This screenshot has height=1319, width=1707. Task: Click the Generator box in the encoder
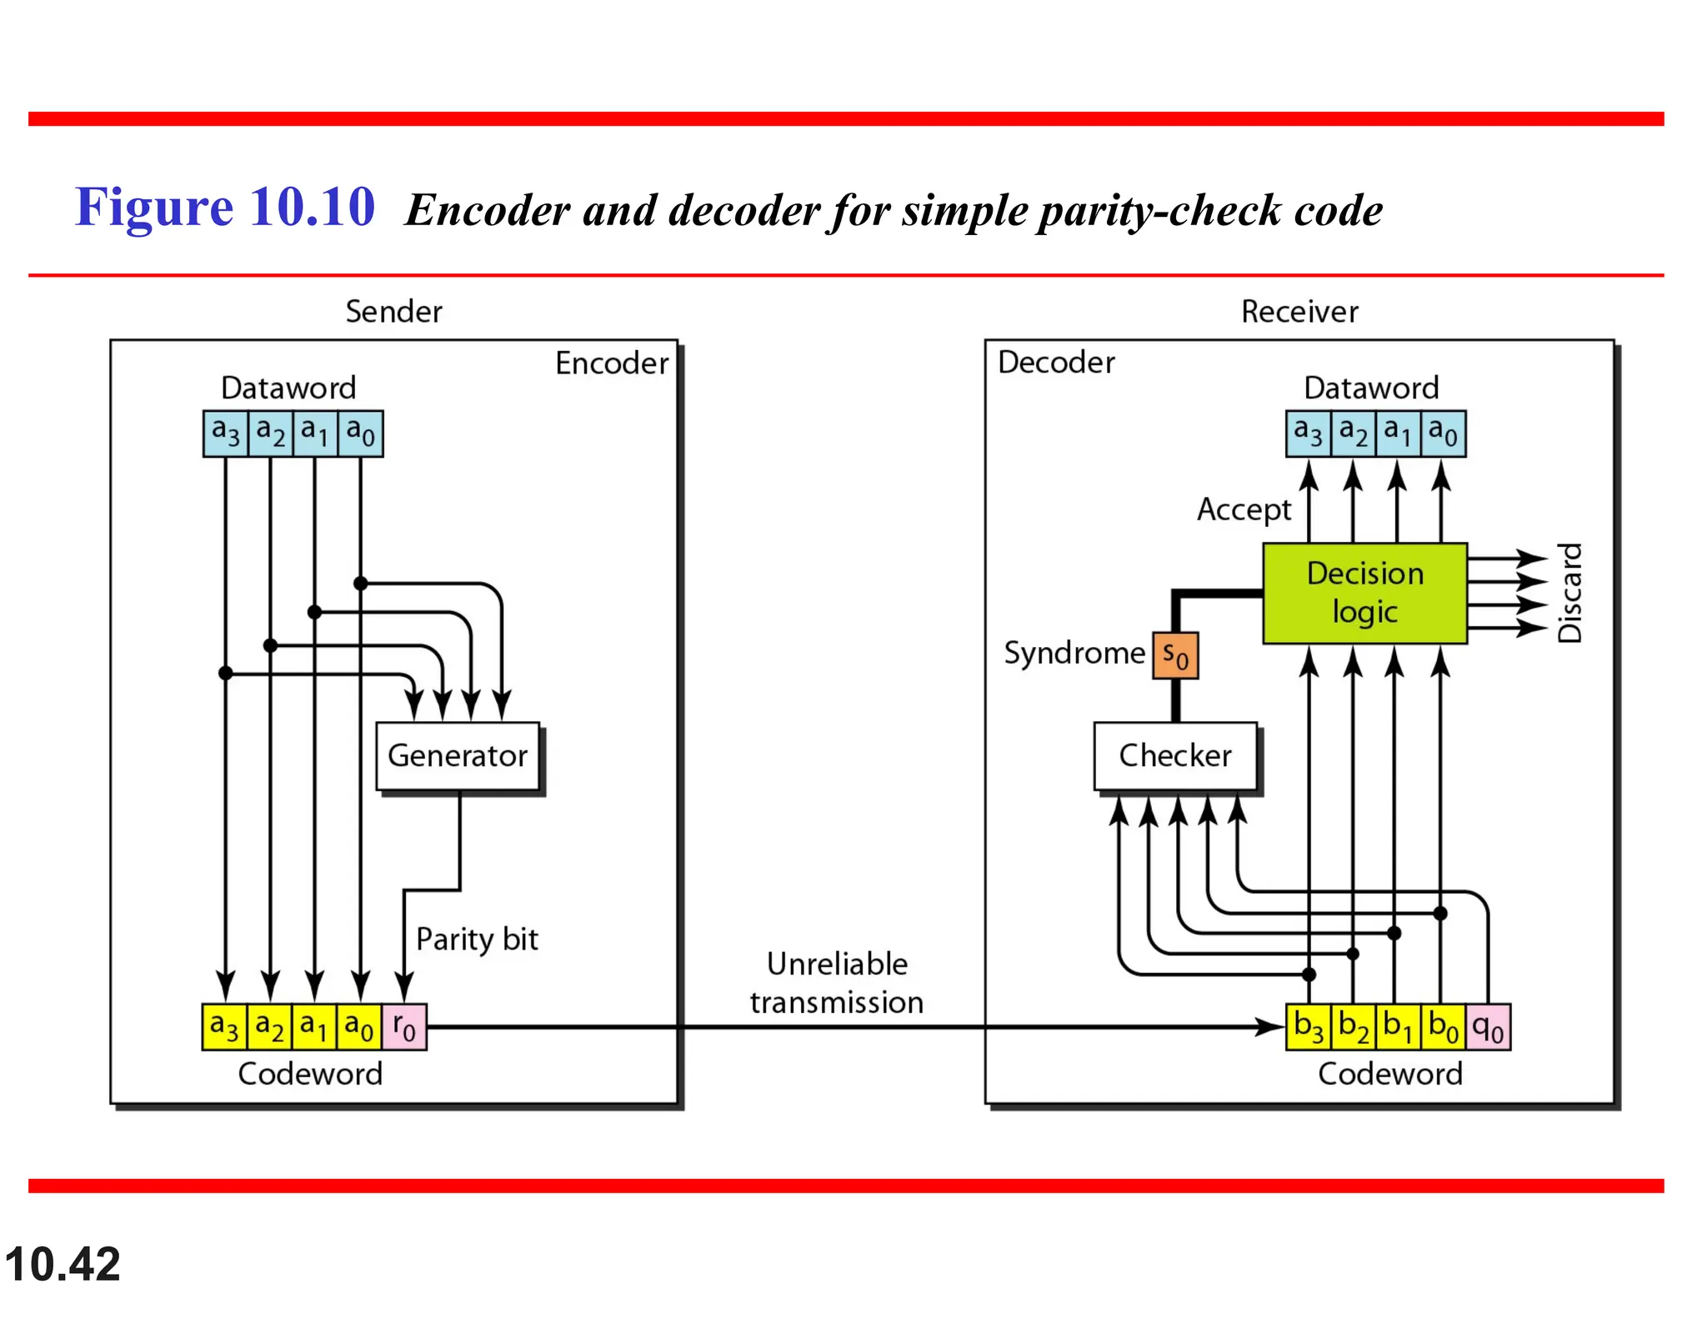458,755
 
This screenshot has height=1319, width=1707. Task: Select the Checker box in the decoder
1174,755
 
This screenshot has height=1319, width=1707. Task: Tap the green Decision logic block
1364,593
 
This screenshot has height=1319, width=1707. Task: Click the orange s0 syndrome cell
1175,655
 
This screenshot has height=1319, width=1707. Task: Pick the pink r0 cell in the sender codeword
405,1026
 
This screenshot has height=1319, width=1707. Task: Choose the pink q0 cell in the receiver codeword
1488,1026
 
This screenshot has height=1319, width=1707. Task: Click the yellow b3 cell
1309,1026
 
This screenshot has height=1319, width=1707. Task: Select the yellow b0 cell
1443,1026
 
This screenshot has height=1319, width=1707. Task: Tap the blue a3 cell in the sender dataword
226,433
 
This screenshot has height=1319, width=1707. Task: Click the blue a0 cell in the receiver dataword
1443,433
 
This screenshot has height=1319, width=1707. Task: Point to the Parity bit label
477,939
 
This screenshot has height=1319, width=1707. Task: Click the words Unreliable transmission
837,982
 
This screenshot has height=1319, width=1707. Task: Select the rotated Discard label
1569,593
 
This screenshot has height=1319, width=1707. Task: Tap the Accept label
1244,509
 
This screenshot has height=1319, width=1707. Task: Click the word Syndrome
1074,653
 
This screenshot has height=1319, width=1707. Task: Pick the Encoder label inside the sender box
612,364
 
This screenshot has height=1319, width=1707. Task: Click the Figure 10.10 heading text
225,207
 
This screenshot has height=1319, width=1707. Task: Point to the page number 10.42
63,1264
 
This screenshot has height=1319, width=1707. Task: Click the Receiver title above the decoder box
1299,312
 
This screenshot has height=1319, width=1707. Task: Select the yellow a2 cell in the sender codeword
270,1026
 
